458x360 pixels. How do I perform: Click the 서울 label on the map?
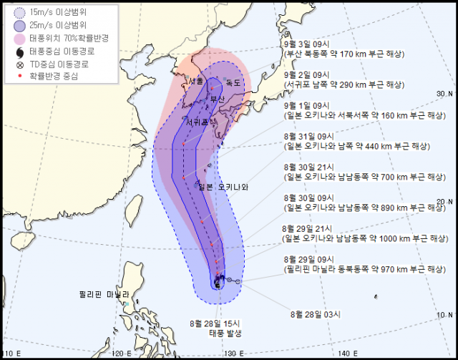[196, 83]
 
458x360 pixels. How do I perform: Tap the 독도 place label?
[234, 83]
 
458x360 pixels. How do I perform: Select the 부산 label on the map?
[217, 99]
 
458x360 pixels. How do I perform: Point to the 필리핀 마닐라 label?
[104, 294]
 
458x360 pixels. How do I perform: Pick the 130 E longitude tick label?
[233, 354]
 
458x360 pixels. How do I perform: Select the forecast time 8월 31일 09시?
[308, 136]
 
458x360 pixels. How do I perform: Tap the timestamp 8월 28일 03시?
[315, 313]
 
